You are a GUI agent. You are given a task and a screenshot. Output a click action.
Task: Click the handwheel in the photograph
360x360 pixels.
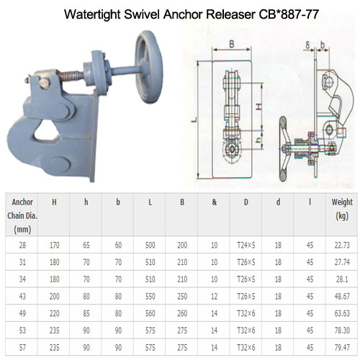pyautogui.click(x=149, y=67)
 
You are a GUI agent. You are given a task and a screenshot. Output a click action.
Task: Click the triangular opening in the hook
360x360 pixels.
pyautogui.click(x=46, y=130)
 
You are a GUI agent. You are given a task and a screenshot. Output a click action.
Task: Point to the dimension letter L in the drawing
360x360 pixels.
pyautogui.click(x=194, y=120)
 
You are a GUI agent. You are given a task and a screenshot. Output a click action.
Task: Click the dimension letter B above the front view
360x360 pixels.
pyautogui.click(x=232, y=45)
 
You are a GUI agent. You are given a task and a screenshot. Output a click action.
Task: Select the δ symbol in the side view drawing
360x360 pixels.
pyautogui.click(x=308, y=45)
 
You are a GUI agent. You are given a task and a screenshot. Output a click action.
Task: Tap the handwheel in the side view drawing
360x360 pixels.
pyautogui.click(x=283, y=149)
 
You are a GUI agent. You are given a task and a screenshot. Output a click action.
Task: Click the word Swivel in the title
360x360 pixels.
pyautogui.click(x=142, y=14)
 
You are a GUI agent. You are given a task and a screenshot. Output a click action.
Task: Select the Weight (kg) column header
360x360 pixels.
pyautogui.click(x=342, y=209)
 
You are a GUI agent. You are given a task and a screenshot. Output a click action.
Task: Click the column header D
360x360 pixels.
pyautogui.click(x=246, y=202)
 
